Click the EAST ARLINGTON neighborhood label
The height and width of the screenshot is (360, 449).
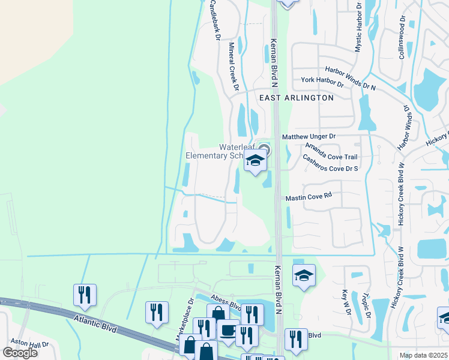tap(296, 98)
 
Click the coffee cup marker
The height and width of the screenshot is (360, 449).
tap(228, 331)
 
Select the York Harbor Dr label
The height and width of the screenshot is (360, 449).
tap(322, 82)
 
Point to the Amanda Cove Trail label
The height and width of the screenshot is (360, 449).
tap(331, 151)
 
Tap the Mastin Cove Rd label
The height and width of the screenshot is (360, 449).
tap(308, 197)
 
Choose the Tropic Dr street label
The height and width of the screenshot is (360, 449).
tap(366, 306)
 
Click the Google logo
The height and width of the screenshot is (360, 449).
tap(20, 353)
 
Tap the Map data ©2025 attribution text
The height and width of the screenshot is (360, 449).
tap(424, 355)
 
